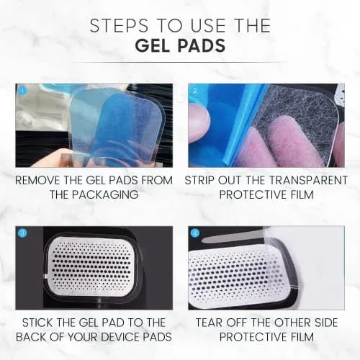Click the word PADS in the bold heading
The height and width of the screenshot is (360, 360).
coord(202,45)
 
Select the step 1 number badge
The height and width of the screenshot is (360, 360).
coord(22,91)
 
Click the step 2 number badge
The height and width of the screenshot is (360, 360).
coord(195,91)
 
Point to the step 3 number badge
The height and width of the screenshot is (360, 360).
coord(22,233)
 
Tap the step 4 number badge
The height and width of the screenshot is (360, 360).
coord(196,233)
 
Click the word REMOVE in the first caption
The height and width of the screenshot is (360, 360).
coord(37,181)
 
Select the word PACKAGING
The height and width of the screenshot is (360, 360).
coord(106,194)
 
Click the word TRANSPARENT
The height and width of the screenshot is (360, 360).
coord(308,181)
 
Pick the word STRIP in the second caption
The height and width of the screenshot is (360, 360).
coord(200,181)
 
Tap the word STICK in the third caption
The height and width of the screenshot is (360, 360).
coord(38,323)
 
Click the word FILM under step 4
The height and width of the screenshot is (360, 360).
coord(302,337)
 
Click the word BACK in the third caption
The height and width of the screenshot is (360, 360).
coord(31,337)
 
